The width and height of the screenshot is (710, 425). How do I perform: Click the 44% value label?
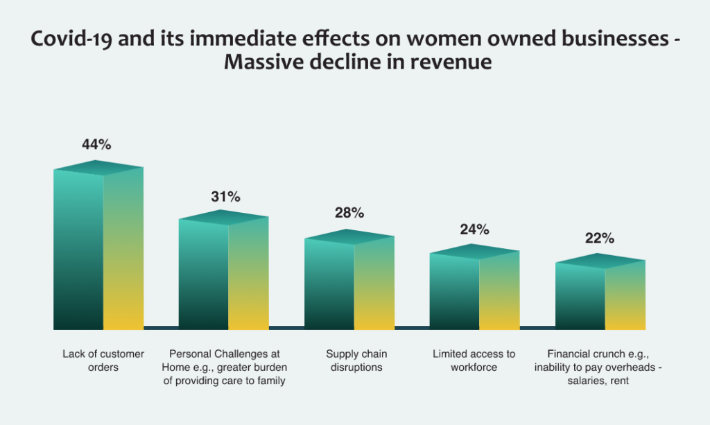click(x=97, y=145)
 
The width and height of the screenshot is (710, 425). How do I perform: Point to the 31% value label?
click(x=225, y=197)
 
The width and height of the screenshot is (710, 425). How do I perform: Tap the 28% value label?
click(x=349, y=213)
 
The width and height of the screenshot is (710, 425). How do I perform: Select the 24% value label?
click(x=475, y=229)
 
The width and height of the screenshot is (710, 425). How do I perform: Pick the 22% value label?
click(x=600, y=238)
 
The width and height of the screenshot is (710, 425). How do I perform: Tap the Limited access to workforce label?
click(x=474, y=361)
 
